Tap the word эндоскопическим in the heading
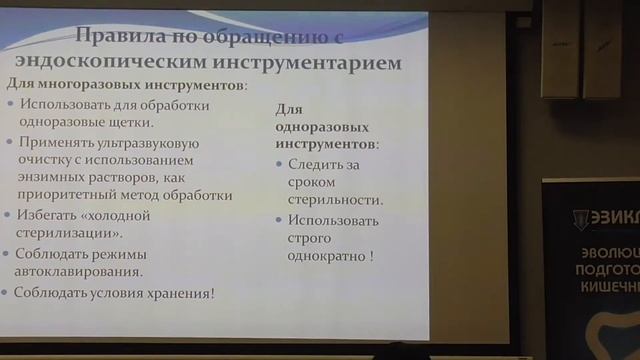[156, 64]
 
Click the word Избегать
[48, 215]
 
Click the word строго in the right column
[306, 238]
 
